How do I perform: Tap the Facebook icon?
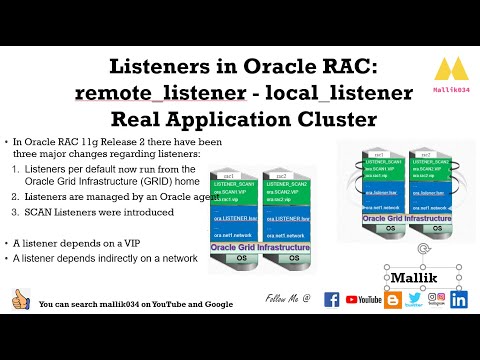coord(332,299)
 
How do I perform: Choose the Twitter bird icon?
coord(413,298)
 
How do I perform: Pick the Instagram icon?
coord(437,298)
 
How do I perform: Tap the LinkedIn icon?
coord(460,299)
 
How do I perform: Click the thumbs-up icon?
coord(19,299)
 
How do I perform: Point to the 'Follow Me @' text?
coord(288,299)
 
